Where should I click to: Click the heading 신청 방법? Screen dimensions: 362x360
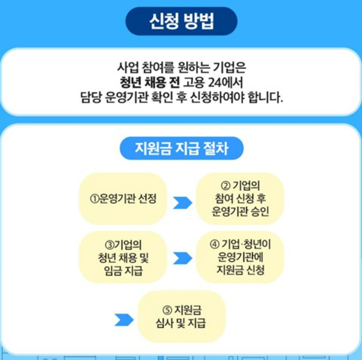[x=181, y=22]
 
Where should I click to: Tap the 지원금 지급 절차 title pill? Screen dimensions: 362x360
[x=181, y=149]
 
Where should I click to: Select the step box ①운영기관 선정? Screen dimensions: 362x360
[x=123, y=199]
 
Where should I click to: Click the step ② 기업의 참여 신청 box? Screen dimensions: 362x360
[x=240, y=199]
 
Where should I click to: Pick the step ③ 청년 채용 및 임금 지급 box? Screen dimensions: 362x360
[x=123, y=257]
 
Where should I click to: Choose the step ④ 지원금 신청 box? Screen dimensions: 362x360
[x=240, y=257]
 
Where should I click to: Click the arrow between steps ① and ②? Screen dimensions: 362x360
[x=182, y=202]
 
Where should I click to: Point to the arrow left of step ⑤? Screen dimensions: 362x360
[x=124, y=320]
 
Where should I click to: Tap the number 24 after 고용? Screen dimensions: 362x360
[x=211, y=82]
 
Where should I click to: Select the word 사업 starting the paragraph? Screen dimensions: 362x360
[x=126, y=68]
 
